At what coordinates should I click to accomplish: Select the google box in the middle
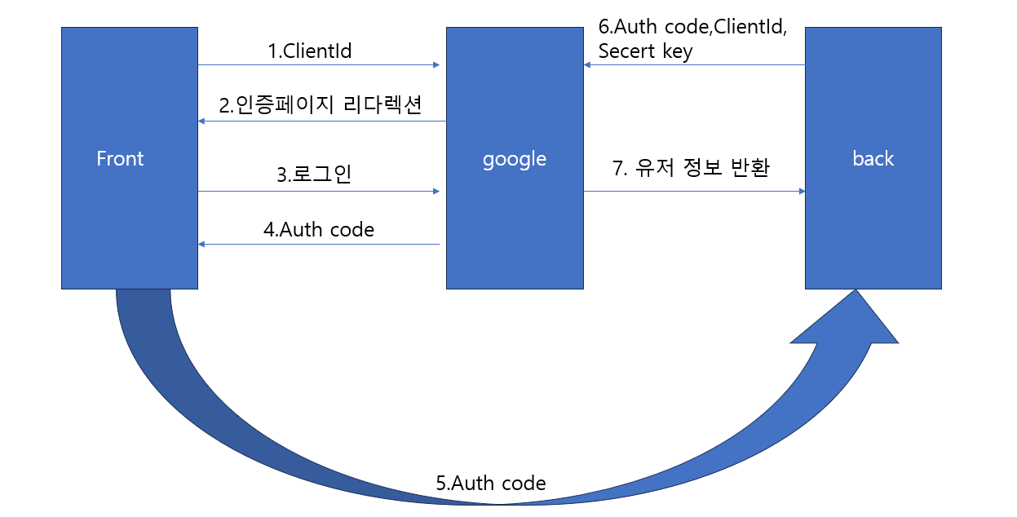514,220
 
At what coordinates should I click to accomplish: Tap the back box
873,220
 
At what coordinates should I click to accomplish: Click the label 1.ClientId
310,51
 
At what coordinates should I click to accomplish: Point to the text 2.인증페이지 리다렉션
320,105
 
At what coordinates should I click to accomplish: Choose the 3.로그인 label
314,175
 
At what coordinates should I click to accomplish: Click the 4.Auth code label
318,230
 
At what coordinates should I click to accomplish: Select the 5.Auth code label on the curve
490,483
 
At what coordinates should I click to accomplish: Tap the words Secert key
645,51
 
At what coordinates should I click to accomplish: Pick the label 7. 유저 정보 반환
691,169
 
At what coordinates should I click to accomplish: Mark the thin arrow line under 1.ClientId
318,64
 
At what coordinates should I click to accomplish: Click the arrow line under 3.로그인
318,192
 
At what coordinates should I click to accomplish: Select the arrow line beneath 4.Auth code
318,244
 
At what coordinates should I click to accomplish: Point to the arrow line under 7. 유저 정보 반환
693,192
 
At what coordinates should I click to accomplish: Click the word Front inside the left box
120,159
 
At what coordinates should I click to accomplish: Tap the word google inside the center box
514,159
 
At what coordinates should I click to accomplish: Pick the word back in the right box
873,159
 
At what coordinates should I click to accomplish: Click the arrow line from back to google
693,64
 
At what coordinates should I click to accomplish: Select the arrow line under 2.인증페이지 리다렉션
322,122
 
